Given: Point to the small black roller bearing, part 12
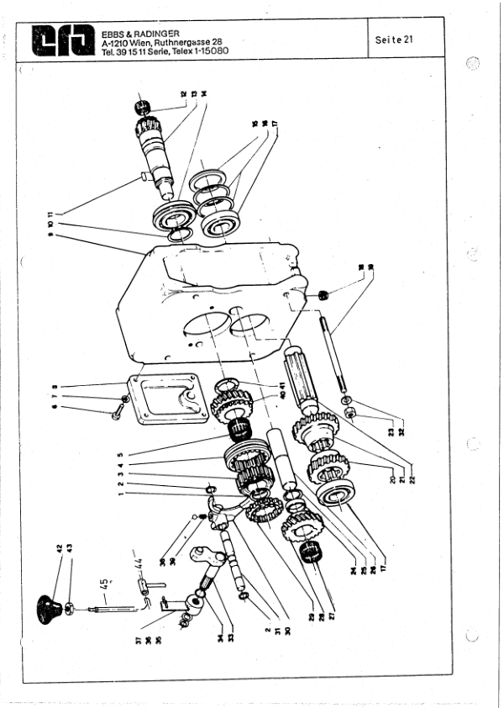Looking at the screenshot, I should (141, 107).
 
